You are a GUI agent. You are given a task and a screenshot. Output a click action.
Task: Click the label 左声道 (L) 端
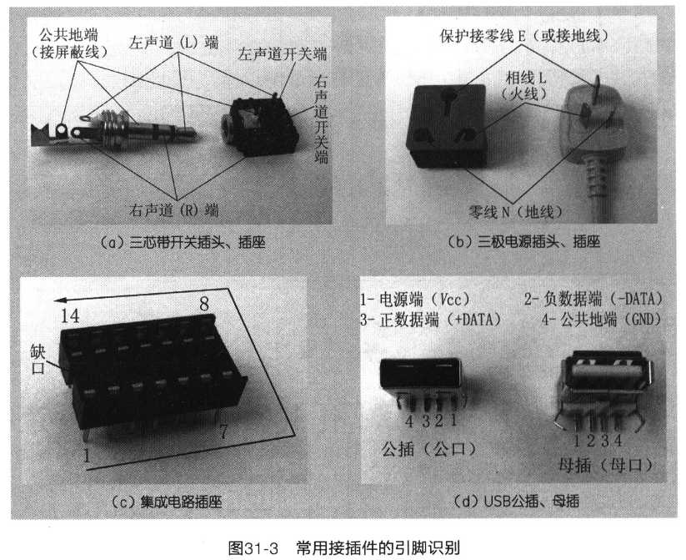[x=173, y=43]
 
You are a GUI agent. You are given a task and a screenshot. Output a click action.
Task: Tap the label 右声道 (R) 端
[x=173, y=209]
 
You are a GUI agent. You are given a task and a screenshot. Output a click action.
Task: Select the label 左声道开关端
[x=283, y=54]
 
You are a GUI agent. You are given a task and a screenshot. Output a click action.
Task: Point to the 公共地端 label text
[x=68, y=34]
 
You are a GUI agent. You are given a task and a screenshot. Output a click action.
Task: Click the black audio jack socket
[x=260, y=127]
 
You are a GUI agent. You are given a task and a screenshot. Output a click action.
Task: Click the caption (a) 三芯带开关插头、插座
[x=183, y=242]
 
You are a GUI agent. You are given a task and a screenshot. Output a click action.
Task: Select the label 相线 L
[x=526, y=78]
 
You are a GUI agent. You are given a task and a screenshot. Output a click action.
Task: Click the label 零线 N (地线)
[x=515, y=212]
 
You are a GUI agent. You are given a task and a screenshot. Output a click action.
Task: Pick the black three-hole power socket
[x=446, y=126]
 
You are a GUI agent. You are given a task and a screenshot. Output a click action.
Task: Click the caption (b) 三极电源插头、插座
[x=524, y=241]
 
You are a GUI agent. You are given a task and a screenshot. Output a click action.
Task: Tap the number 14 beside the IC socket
[x=69, y=315]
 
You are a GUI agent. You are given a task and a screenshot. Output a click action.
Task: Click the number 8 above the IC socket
[x=204, y=304]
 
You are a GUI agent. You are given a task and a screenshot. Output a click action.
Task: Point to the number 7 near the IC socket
[x=223, y=432]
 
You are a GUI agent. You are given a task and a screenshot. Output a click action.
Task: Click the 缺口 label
[x=38, y=359]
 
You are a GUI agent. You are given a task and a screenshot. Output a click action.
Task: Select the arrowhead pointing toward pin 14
[x=59, y=300]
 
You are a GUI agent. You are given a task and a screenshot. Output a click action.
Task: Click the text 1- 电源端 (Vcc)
[x=415, y=300]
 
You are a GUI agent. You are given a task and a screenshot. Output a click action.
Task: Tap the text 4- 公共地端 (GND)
[x=601, y=320]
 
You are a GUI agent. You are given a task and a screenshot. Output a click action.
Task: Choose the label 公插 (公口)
[x=428, y=449]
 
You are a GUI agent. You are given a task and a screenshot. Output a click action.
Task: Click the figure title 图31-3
[x=253, y=548]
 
